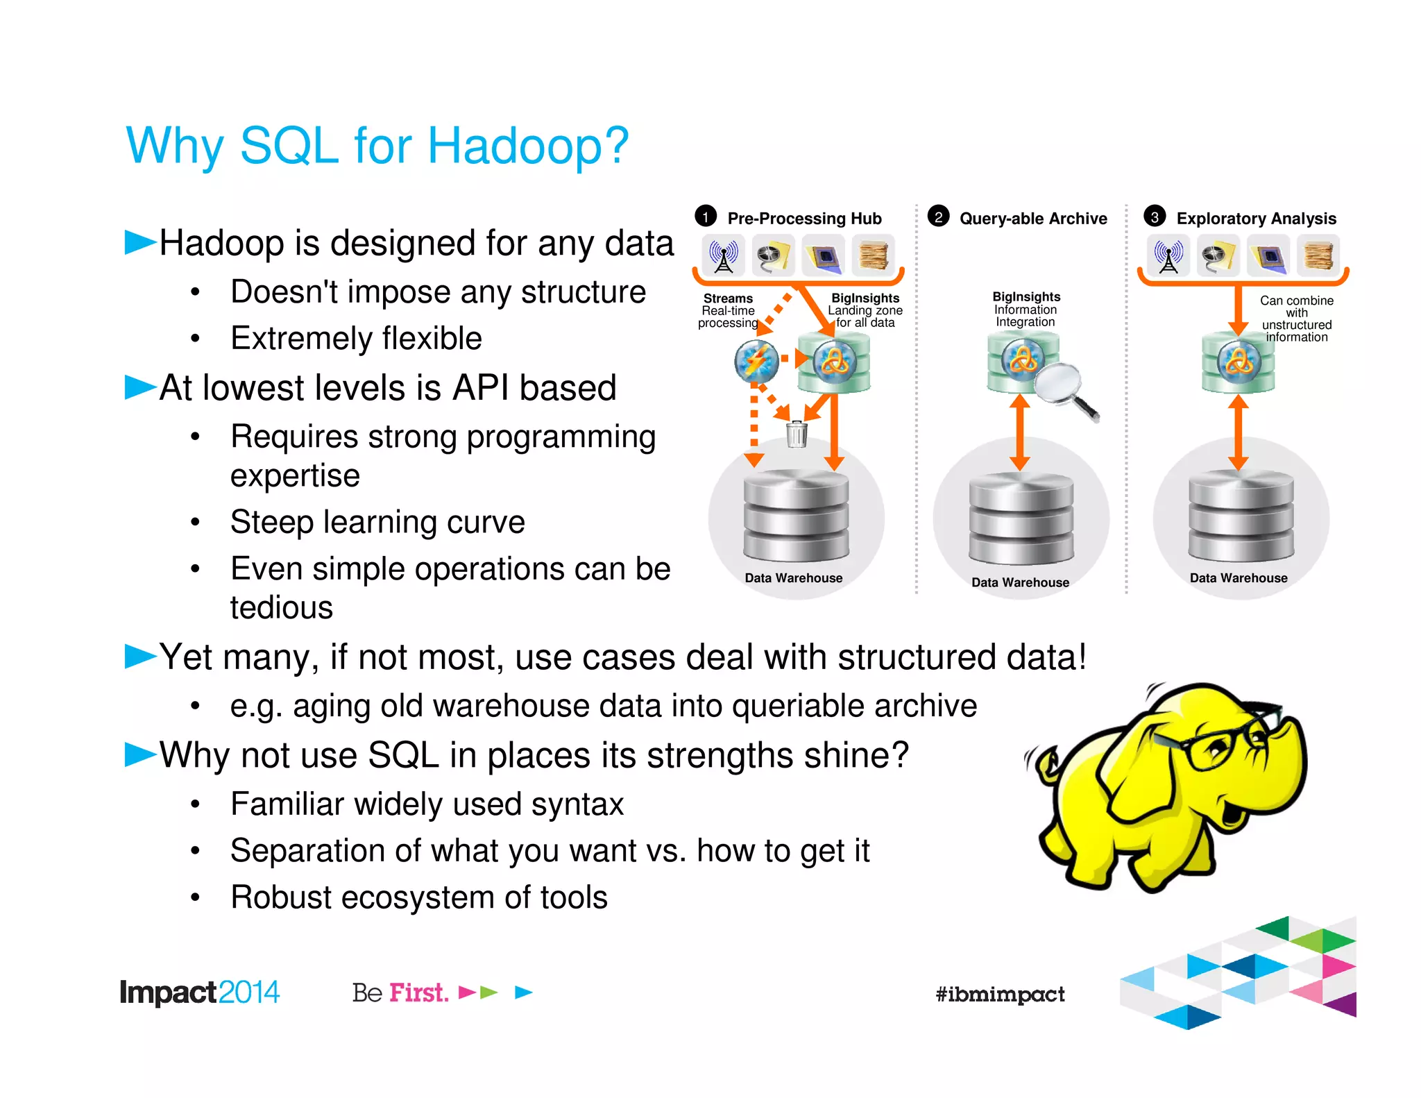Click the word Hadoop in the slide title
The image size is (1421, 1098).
527,147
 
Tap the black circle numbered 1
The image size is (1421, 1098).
706,217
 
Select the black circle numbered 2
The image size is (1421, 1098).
938,217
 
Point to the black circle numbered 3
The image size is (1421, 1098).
1155,217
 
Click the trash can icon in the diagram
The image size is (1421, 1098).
797,434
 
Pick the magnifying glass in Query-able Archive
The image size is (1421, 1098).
1065,388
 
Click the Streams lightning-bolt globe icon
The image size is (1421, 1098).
756,361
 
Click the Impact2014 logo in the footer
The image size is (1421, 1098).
199,993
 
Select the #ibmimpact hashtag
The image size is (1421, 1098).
1000,994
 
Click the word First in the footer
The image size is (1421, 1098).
418,993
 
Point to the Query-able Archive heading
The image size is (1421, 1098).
1033,219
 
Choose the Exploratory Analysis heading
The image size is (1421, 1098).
1256,219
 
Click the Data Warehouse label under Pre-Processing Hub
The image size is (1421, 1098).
794,577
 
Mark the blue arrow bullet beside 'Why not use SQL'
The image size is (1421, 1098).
140,754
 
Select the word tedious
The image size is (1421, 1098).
282,608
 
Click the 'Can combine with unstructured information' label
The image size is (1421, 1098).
1296,319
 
